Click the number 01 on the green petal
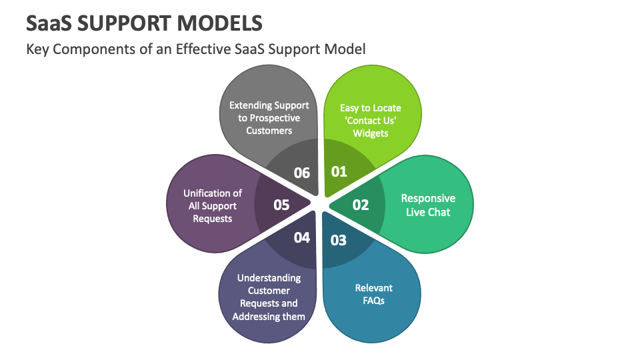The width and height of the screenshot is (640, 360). [x=339, y=171]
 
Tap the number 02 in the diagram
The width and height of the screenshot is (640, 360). [x=361, y=205]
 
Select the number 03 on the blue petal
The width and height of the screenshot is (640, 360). [x=339, y=241]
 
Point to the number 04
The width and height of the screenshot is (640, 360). [x=301, y=237]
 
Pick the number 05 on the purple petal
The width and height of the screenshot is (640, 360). [x=281, y=205]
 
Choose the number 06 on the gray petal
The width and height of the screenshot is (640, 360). [x=301, y=173]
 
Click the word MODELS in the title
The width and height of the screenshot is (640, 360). [x=220, y=23]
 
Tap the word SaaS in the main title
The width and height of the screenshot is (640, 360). [x=49, y=23]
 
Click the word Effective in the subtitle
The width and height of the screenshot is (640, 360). [x=203, y=49]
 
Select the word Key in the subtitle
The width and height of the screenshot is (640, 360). [x=37, y=49]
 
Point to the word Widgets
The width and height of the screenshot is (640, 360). [x=371, y=133]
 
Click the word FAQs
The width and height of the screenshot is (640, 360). [x=373, y=301]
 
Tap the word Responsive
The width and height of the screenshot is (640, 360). [x=428, y=199]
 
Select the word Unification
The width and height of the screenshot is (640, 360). [x=207, y=193]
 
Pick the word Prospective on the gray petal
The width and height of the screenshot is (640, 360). [x=275, y=119]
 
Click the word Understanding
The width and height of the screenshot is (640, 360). [x=269, y=279]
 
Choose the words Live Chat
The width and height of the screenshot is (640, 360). [x=428, y=212]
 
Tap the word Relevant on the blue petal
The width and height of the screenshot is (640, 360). [x=373, y=288]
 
